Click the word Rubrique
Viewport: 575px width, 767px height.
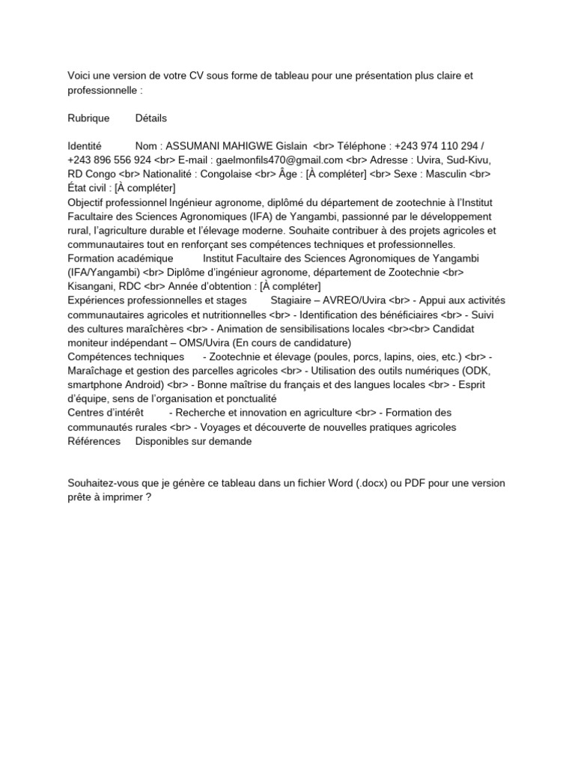click(88, 118)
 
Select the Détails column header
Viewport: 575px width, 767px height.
click(151, 118)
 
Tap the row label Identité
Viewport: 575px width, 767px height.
click(84, 145)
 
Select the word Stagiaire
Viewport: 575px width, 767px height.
click(294, 300)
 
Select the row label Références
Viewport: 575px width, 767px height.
click(94, 441)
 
